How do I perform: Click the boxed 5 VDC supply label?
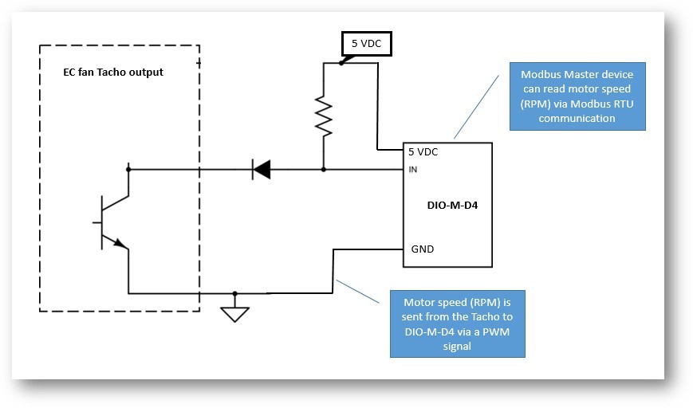(x=366, y=44)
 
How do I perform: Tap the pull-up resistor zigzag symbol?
(x=324, y=116)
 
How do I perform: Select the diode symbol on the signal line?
(x=261, y=169)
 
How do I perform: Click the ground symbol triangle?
(x=235, y=313)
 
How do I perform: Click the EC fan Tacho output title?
(x=113, y=72)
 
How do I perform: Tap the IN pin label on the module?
(x=413, y=169)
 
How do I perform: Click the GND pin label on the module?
(x=422, y=249)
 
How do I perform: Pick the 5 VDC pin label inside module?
(x=423, y=151)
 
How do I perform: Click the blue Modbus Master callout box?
(x=577, y=96)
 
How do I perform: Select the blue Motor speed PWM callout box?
(x=457, y=324)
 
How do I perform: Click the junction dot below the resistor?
(x=324, y=169)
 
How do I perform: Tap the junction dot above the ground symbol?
(x=235, y=293)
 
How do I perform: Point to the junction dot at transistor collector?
(x=128, y=169)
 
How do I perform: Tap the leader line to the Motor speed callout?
(x=358, y=290)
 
